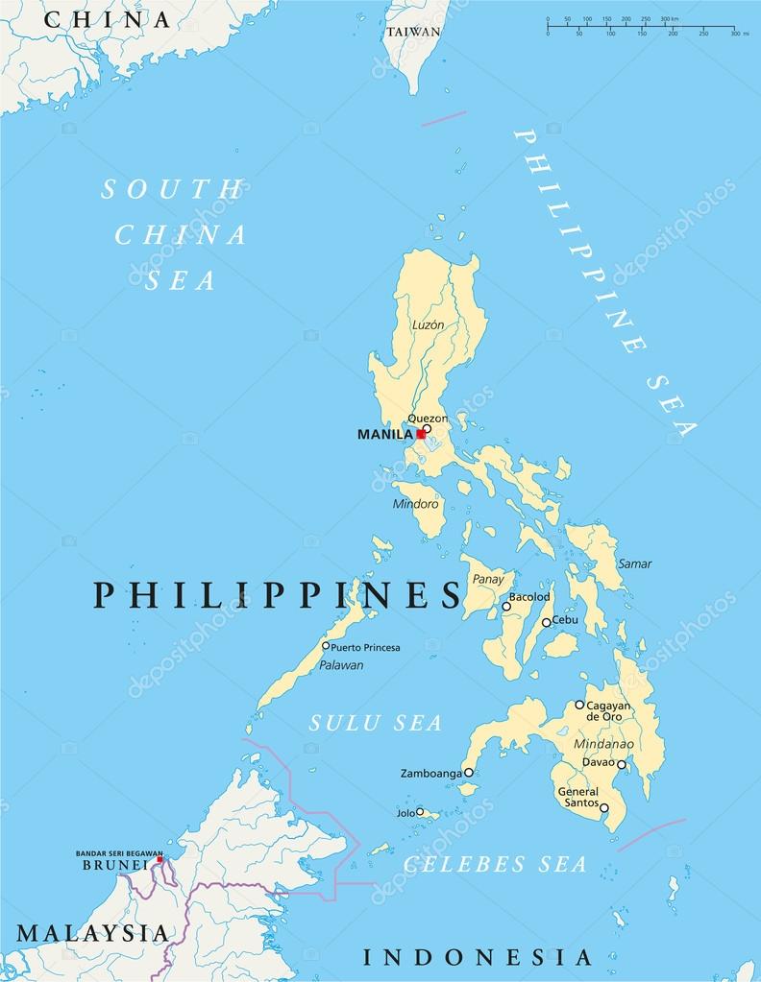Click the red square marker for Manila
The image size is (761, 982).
coord(420,434)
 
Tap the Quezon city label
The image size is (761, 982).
coord(427,419)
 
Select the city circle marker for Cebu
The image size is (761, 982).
coord(546,622)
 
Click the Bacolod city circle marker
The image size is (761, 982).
coord(506,606)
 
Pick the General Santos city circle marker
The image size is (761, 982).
coord(604,808)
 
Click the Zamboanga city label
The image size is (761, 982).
coord(430,773)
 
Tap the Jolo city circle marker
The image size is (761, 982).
coord(420,811)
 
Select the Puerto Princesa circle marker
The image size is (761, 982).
coord(326,646)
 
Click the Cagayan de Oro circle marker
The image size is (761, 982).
coord(579,705)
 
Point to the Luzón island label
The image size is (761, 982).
coord(428,324)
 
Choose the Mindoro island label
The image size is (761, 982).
coord(415,504)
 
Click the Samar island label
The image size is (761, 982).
coord(634,563)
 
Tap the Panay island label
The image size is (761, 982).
coord(488,579)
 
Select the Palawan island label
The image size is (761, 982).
coord(341,664)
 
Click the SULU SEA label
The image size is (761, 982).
coord(376,723)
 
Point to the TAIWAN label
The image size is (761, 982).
coord(413,31)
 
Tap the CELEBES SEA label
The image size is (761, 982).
coord(494,864)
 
